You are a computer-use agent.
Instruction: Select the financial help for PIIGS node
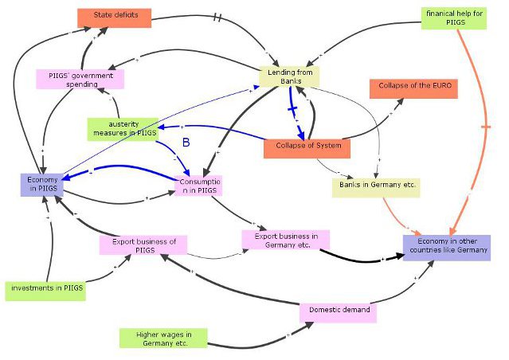[x=452, y=18]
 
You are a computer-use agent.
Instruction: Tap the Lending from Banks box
[x=289, y=76]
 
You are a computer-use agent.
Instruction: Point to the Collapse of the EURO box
[x=413, y=88]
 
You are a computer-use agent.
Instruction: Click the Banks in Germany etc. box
[x=374, y=186]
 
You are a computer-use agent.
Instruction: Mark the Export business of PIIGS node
[x=143, y=245]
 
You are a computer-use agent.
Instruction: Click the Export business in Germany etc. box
[x=286, y=240]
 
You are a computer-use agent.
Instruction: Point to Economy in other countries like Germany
[x=446, y=247]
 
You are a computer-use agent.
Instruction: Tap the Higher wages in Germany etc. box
[x=162, y=338]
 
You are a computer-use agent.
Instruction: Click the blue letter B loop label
[x=186, y=143]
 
